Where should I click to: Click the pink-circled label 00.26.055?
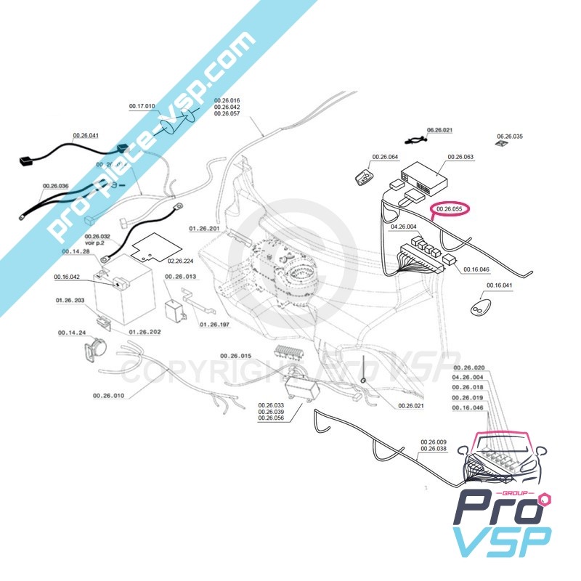[x=450, y=210]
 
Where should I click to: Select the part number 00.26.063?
[x=460, y=157]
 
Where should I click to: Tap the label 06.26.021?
[x=439, y=130]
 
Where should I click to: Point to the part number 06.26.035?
[x=509, y=136]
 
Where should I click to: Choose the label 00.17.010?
[x=142, y=106]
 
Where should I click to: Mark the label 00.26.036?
[x=55, y=186]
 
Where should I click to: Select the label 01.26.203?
[x=70, y=299]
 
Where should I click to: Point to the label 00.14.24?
[x=72, y=333]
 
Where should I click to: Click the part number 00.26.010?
[x=108, y=396]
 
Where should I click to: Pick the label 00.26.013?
[x=181, y=277]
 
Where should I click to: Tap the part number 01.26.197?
[x=214, y=325]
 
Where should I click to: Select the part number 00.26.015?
[x=235, y=356]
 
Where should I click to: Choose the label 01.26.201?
[x=204, y=228]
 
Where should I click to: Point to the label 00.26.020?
[x=467, y=367]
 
